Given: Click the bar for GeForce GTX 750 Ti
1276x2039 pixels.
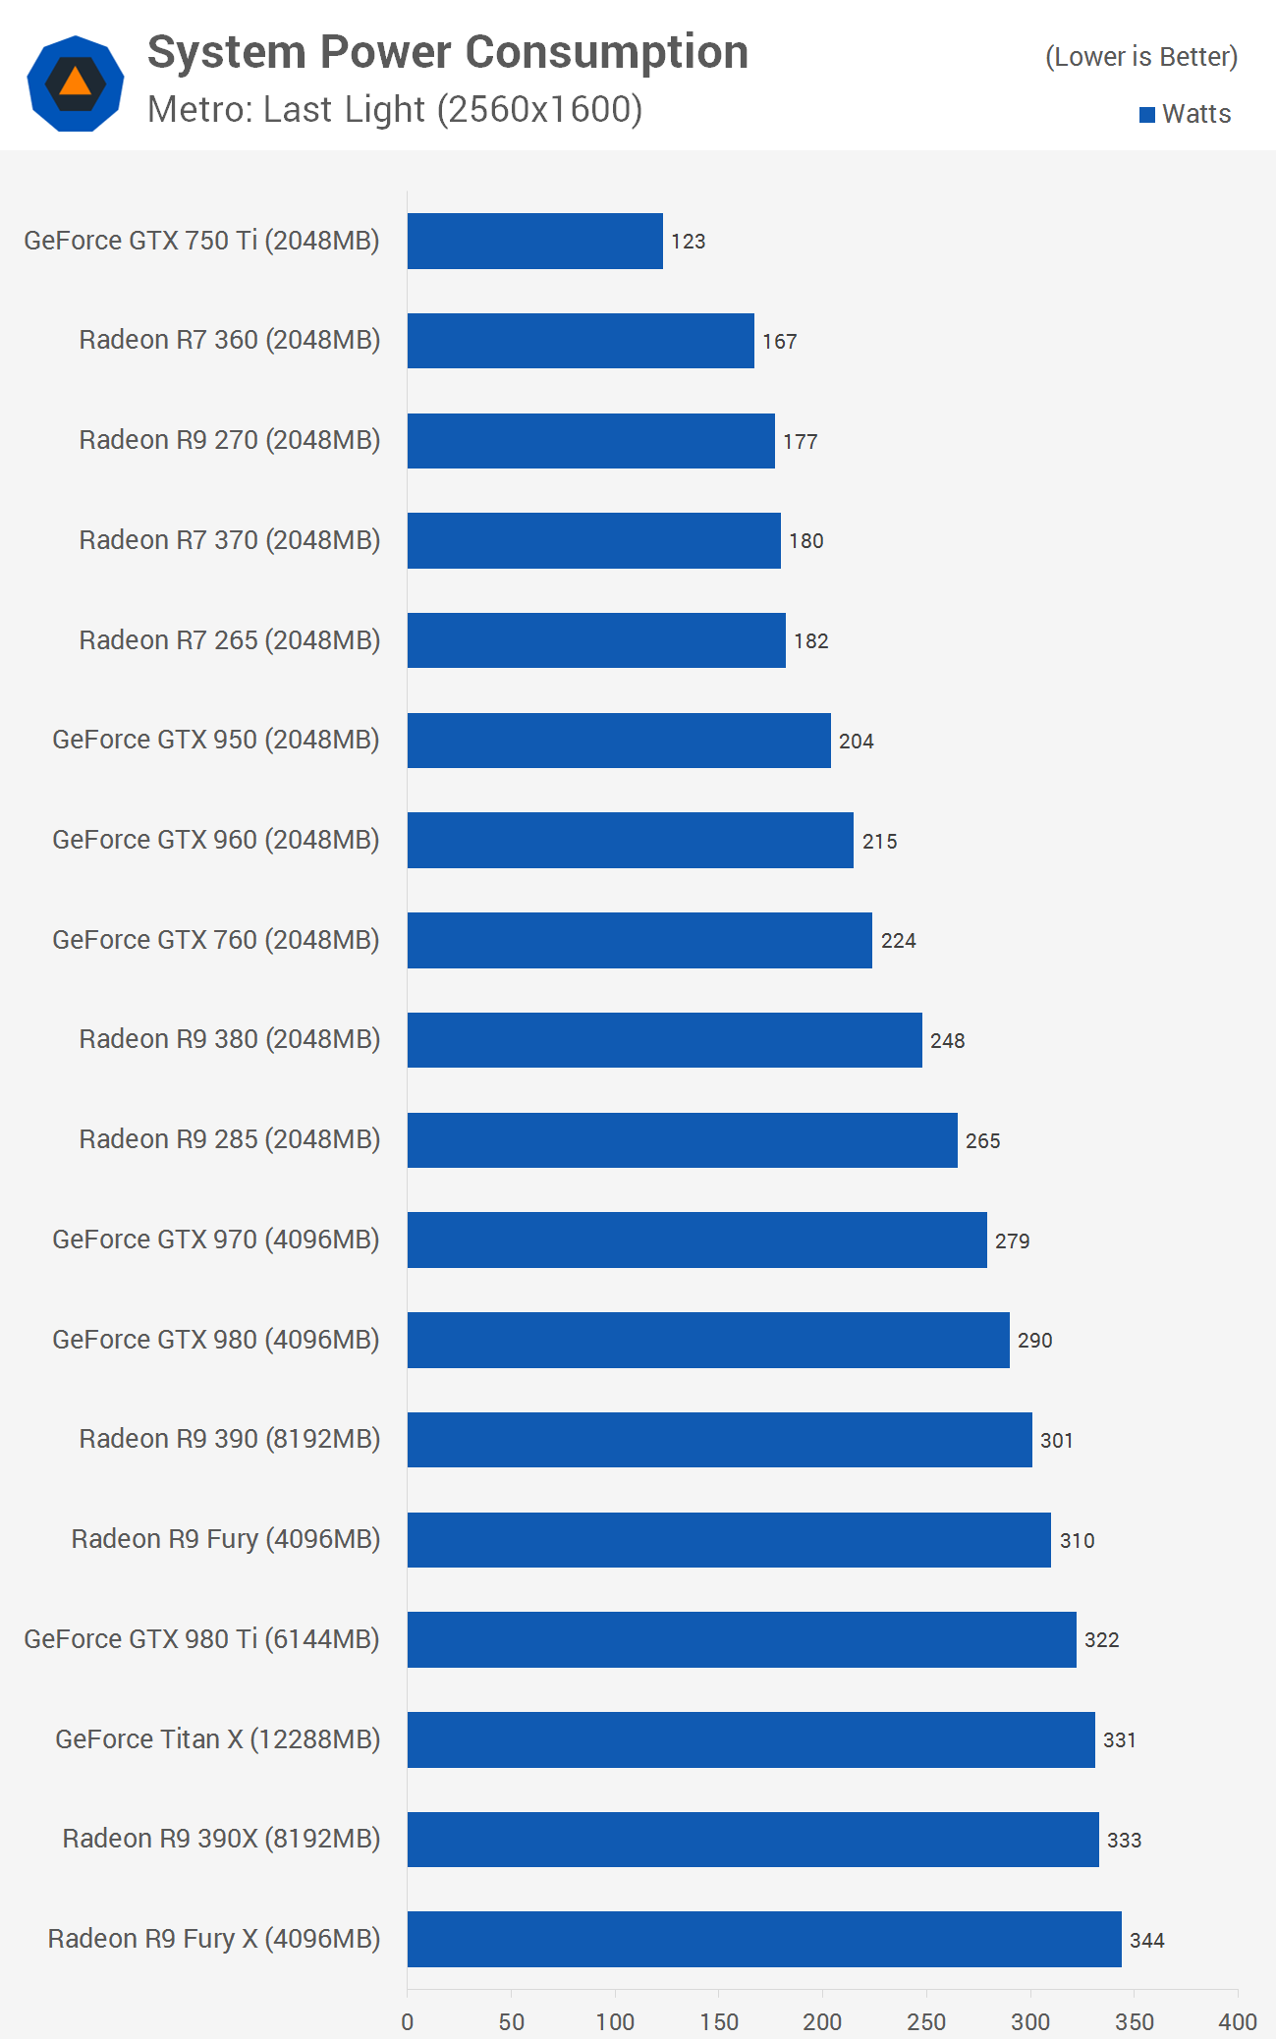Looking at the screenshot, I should point(535,241).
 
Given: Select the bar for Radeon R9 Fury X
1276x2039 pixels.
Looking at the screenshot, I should point(764,1939).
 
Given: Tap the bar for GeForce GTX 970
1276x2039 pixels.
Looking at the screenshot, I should point(697,1240).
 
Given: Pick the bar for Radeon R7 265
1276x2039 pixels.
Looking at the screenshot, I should point(596,640).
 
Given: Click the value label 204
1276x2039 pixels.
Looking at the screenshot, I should point(857,742).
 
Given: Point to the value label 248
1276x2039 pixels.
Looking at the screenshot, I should point(948,1041).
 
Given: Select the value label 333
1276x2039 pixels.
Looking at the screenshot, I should point(1125,1841).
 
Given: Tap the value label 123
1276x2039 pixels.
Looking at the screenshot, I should point(689,242).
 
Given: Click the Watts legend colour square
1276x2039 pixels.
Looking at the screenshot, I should point(1146,115).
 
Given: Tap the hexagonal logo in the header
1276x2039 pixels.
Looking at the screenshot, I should point(76,83).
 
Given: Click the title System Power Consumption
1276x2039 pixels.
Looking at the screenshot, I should point(448,53).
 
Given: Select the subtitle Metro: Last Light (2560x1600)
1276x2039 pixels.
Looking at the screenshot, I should point(395,110).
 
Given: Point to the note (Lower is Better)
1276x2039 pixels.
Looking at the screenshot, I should point(1141,57).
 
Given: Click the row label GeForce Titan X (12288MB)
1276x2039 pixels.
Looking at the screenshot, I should point(217,1739).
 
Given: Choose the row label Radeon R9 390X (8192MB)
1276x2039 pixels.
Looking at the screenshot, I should point(221,1839).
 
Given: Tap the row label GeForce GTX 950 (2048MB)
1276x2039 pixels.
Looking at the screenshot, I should point(216,740).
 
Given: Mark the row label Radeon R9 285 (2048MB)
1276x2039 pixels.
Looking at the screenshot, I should point(230,1139).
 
